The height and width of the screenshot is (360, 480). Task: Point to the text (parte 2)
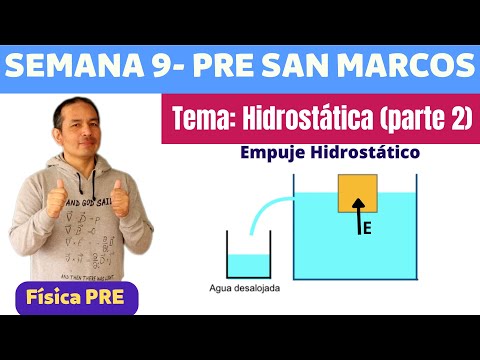[424, 118]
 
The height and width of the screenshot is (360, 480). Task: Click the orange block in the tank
[357, 194]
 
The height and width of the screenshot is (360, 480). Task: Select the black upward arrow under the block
[355, 225]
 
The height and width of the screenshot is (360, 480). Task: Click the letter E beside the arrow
[368, 229]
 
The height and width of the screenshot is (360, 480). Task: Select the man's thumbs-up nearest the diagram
[124, 193]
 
